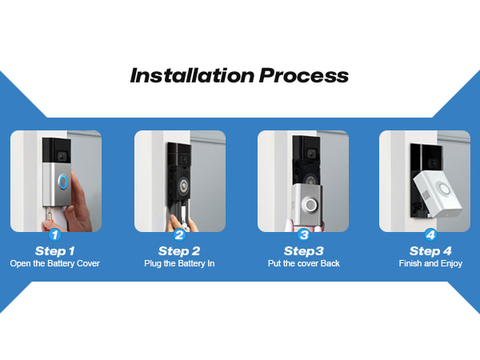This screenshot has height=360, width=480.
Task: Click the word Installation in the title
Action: [x=192, y=76]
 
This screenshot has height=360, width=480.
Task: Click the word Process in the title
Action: [x=305, y=76]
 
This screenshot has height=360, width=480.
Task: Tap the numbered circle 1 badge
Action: [x=55, y=235]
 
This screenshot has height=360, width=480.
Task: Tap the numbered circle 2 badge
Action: [x=179, y=235]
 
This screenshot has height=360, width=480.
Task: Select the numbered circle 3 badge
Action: [x=303, y=235]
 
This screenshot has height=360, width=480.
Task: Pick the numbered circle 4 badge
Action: [x=430, y=235]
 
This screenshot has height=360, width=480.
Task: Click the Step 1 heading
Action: [x=55, y=250]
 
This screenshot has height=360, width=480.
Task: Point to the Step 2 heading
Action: [x=179, y=250]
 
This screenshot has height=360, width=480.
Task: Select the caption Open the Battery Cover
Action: [x=55, y=263]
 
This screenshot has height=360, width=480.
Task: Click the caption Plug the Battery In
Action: [x=179, y=263]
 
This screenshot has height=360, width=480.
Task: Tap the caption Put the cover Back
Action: [x=303, y=263]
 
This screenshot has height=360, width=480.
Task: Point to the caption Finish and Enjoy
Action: [x=430, y=263]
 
